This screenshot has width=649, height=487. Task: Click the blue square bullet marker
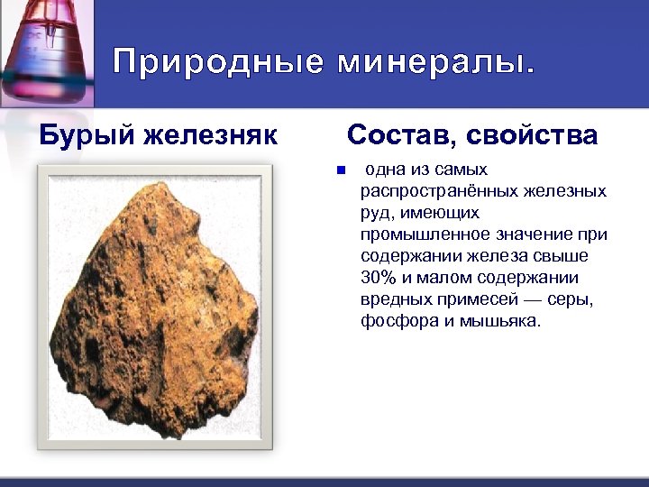pos(340,170)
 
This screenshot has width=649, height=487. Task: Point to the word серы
pos(574,299)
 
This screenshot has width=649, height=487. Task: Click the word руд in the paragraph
pos(376,213)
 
